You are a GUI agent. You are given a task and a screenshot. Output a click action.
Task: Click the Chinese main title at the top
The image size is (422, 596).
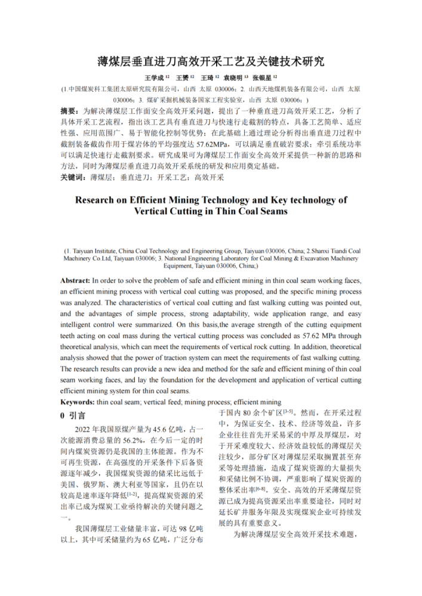pyautogui.click(x=211, y=61)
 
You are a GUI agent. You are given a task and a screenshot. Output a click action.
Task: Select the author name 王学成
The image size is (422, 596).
pyautogui.click(x=154, y=77)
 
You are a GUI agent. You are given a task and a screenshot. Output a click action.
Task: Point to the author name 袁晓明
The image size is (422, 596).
pyautogui.click(x=233, y=77)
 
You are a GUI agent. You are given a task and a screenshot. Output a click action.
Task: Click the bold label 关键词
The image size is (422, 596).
pyautogui.click(x=72, y=178)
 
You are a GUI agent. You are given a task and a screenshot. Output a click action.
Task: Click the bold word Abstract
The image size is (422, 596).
pyautogui.click(x=75, y=280)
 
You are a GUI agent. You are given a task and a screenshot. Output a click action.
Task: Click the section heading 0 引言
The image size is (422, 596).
pyautogui.click(x=73, y=415)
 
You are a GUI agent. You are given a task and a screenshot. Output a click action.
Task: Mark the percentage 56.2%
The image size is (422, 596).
pyautogui.click(x=122, y=441)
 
